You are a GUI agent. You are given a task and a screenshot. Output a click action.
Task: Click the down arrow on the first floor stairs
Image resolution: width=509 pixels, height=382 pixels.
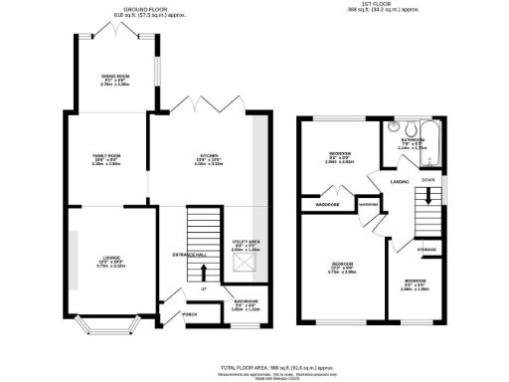pos(428,197)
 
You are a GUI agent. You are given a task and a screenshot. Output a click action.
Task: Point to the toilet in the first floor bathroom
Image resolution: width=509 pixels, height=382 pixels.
pos(395,128)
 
